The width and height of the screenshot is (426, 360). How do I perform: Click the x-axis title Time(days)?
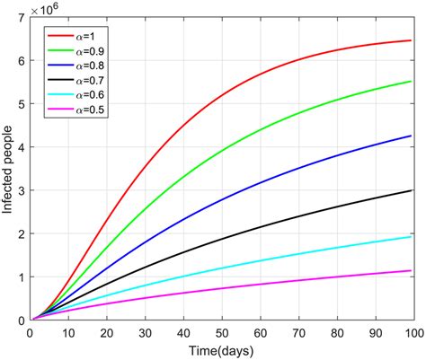[222, 348]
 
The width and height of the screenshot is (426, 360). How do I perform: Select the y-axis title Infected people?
[9, 170]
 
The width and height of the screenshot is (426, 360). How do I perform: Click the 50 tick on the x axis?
[222, 331]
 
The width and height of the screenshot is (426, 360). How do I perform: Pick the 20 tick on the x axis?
[107, 331]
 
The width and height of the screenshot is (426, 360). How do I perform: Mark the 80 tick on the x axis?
[337, 331]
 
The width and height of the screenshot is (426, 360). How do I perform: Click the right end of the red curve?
[411, 40]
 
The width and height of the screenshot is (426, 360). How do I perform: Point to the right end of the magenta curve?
[411, 270]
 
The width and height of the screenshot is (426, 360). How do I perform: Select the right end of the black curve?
[411, 190]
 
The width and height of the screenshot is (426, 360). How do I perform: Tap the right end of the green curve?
[411, 82]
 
